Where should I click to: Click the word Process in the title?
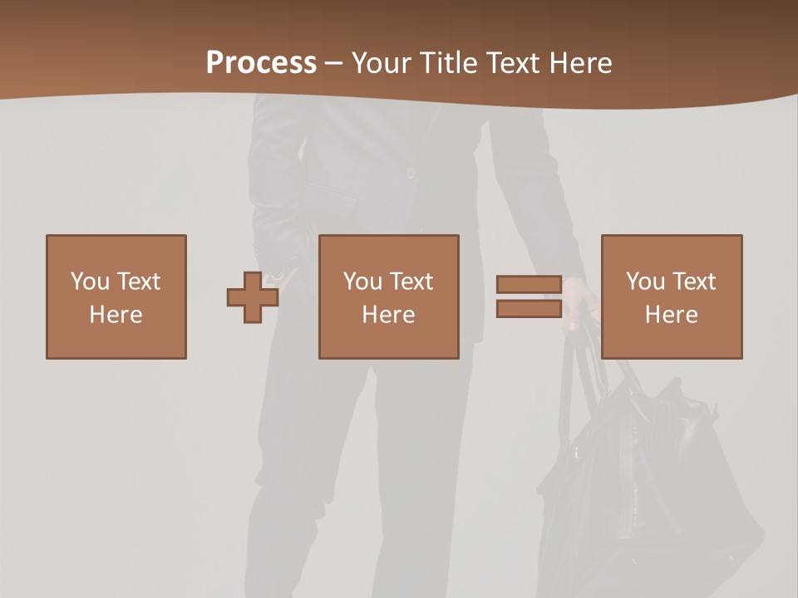click(261, 63)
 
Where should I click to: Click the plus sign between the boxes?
click(253, 297)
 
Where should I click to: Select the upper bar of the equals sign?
click(529, 284)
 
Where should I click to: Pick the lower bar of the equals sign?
click(529, 309)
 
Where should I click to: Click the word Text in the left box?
click(138, 282)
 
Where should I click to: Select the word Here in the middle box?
click(389, 315)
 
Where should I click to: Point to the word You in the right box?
click(645, 282)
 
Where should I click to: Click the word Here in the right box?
click(672, 315)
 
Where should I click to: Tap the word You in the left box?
click(90, 282)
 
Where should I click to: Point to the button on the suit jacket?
click(410, 172)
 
